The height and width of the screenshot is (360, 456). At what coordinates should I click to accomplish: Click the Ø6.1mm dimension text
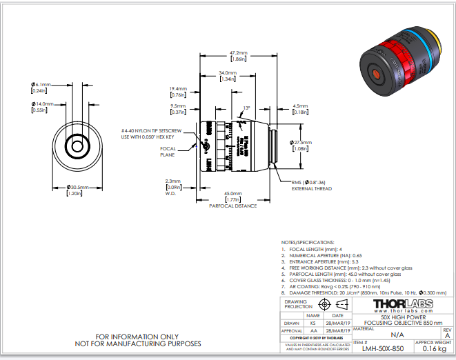(x=39, y=84)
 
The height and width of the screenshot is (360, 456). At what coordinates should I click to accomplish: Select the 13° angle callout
(x=247, y=108)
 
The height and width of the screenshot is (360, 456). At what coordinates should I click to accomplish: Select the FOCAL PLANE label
(x=168, y=151)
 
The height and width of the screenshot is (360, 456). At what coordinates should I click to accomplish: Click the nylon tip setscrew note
(x=153, y=134)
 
